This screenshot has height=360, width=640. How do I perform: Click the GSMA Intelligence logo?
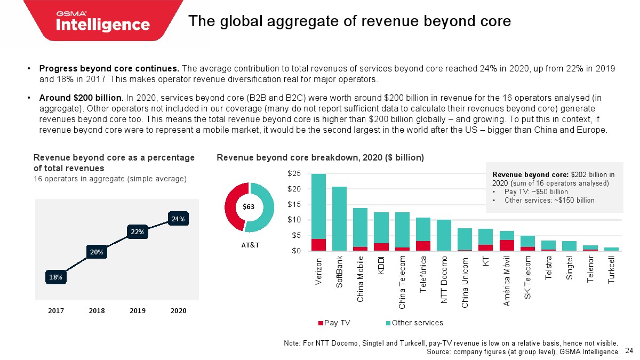pyautogui.click(x=103, y=21)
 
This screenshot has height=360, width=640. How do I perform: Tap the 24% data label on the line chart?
pyautogui.click(x=178, y=219)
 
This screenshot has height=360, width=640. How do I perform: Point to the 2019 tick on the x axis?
pyautogui.click(x=138, y=310)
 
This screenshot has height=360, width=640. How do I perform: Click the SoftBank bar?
pyautogui.click(x=339, y=218)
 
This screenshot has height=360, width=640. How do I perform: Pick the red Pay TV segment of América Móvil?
pyautogui.click(x=507, y=245)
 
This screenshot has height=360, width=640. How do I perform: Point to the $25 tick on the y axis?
pyautogui.click(x=295, y=174)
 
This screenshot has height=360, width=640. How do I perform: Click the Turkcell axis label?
pyautogui.click(x=612, y=270)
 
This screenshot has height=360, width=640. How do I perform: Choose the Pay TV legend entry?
pyautogui.click(x=334, y=323)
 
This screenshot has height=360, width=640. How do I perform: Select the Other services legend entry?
pyautogui.click(x=414, y=323)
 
